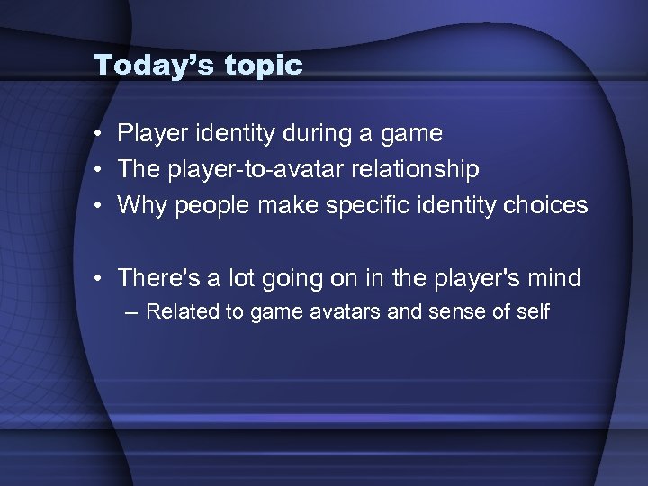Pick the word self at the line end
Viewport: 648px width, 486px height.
[x=531, y=312]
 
